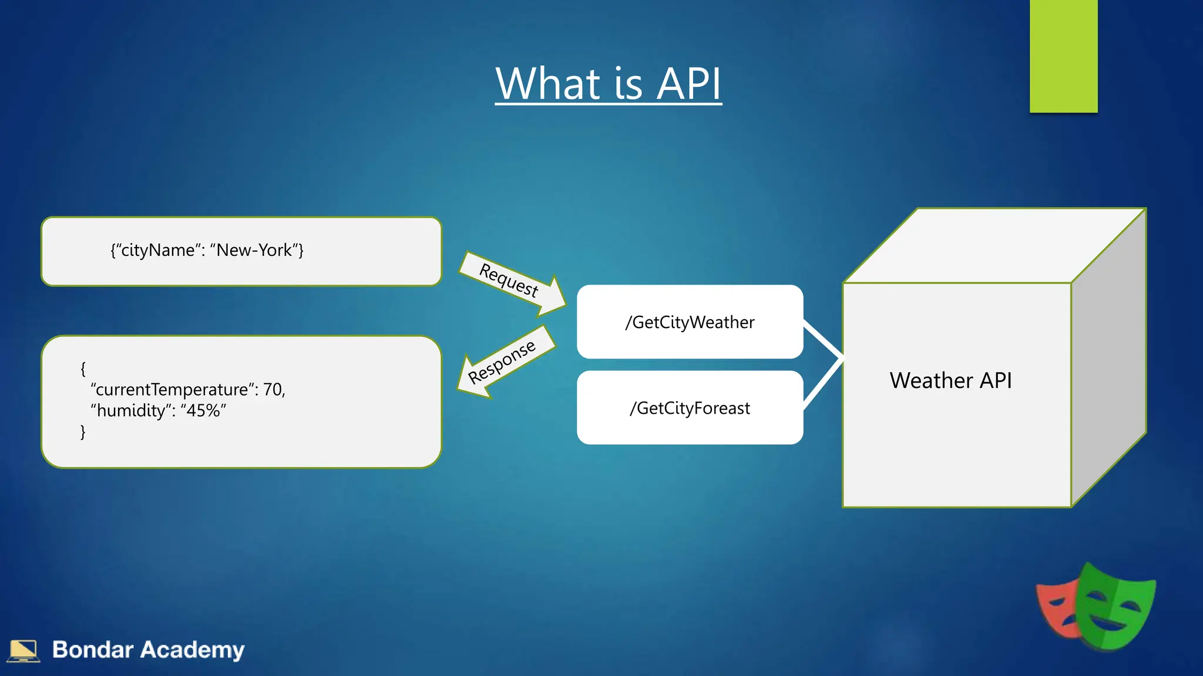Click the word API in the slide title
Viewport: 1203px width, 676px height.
tap(688, 84)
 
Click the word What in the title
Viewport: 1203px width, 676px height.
tap(548, 84)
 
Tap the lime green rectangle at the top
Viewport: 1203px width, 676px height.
tap(1063, 56)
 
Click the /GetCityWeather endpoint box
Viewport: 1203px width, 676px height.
tap(690, 322)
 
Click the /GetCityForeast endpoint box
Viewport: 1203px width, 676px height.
tap(690, 408)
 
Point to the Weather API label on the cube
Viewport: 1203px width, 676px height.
tap(950, 381)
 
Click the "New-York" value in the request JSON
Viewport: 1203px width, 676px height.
tap(254, 251)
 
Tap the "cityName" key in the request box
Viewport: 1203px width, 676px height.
tap(157, 251)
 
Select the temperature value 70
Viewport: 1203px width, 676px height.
tap(273, 390)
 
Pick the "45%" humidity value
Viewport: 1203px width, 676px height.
tap(203, 411)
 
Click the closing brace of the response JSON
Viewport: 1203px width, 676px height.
tap(83, 432)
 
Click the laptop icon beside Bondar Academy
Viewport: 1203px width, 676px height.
tap(23, 650)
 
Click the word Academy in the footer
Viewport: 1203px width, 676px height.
tap(192, 650)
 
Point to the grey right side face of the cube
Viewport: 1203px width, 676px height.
tap(1109, 358)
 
